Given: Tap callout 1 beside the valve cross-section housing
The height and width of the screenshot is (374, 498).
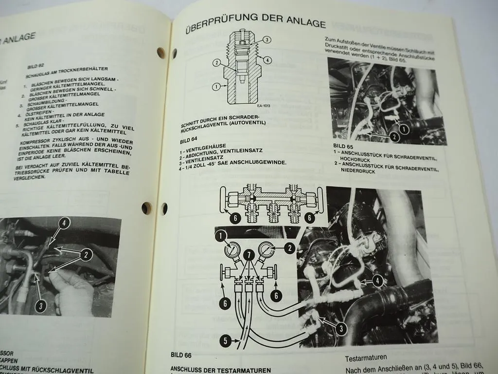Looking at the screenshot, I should click(x=215, y=87).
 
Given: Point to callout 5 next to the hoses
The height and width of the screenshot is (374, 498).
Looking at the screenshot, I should click(x=225, y=341).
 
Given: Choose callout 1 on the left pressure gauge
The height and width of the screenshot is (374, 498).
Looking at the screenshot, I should click(x=221, y=237).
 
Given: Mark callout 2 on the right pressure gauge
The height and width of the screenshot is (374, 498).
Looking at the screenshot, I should click(x=290, y=248).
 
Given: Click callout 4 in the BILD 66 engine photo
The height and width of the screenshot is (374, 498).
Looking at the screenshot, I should click(x=378, y=280).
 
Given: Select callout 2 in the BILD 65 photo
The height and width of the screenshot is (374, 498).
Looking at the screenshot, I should click(x=394, y=137).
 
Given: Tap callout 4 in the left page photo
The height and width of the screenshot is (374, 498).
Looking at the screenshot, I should click(x=65, y=224).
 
